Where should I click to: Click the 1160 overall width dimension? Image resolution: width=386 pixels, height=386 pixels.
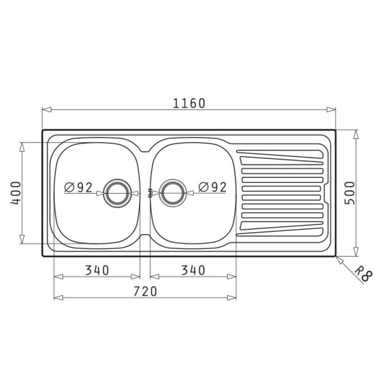coord(189,103)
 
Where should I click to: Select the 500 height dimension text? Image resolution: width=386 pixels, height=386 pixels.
coord(350,193)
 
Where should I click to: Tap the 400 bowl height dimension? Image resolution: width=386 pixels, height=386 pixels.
coord(16,193)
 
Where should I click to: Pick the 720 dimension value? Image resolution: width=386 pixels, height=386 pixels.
coord(145,291)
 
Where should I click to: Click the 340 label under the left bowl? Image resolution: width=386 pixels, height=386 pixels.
coord(97,270)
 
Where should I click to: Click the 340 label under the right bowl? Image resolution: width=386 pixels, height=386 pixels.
coord(193,270)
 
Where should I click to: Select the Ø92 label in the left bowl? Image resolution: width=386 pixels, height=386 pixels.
coord(78,187)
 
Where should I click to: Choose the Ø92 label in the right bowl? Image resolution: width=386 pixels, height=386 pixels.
coord(213,187)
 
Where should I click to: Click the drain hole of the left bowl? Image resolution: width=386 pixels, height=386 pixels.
coord(117,193)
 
